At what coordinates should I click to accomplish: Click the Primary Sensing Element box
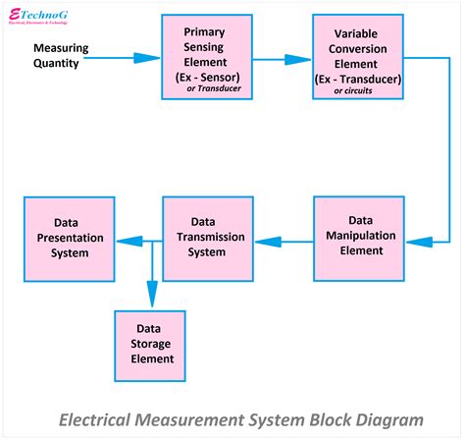(204, 56)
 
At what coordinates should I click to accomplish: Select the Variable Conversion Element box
(357, 56)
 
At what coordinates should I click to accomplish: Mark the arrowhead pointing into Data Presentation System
(123, 241)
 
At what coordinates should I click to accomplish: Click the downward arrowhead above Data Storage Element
(150, 297)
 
